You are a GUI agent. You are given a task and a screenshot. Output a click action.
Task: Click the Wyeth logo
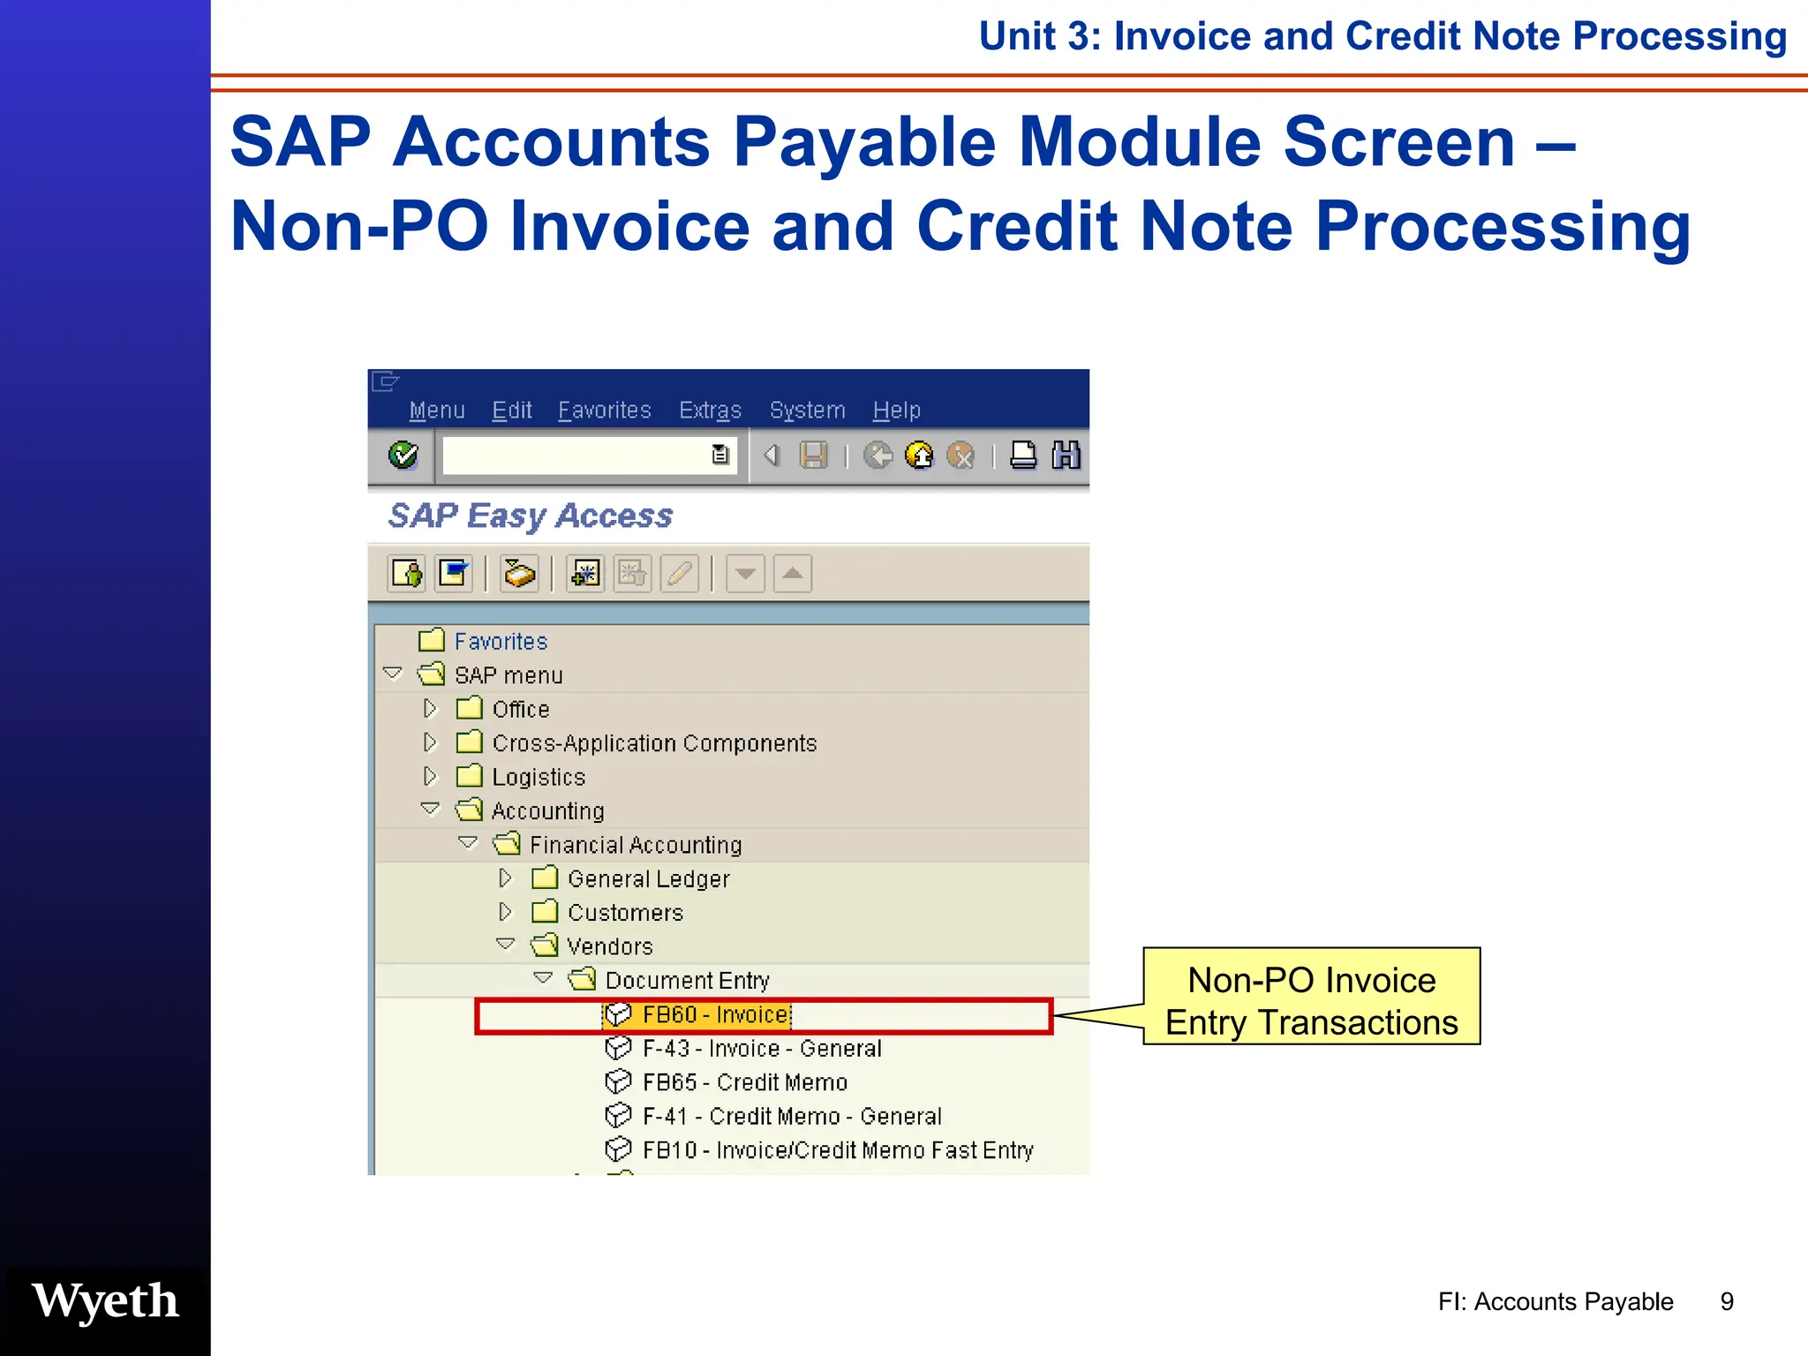coord(105,1301)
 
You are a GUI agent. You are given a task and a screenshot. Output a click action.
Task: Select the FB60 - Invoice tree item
coord(714,1015)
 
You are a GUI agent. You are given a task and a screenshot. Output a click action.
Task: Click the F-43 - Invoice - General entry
coord(761,1049)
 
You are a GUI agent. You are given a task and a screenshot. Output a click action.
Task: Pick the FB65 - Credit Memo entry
coord(744,1082)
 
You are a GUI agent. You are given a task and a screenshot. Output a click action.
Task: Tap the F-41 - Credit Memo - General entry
coord(791,1117)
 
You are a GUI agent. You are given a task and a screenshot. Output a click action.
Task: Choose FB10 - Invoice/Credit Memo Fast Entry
coord(837,1150)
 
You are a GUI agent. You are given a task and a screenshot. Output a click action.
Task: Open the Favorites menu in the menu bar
coord(604,411)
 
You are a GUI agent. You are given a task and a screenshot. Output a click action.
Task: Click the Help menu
coord(896,411)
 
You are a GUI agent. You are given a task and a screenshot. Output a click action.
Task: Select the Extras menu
coord(710,411)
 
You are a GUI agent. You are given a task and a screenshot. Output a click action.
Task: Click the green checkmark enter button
coord(403,456)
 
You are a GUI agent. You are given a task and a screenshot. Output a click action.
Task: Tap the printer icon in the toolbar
coord(1023,456)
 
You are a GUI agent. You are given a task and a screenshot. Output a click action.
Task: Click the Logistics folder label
coord(539,778)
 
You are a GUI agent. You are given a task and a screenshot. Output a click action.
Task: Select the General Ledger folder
coord(648,879)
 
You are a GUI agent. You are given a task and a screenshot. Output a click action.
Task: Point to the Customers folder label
coord(625,913)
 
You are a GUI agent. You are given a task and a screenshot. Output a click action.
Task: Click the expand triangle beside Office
coord(430,709)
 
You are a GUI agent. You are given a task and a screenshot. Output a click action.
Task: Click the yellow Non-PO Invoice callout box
coord(1311,997)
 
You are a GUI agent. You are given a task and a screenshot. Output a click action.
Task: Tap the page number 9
coord(1727,1301)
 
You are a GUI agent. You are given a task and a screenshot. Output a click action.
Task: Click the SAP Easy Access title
coord(531,516)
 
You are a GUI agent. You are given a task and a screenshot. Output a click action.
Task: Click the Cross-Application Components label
coord(654,743)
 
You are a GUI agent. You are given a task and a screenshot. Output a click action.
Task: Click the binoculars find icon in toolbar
coord(1066,456)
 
